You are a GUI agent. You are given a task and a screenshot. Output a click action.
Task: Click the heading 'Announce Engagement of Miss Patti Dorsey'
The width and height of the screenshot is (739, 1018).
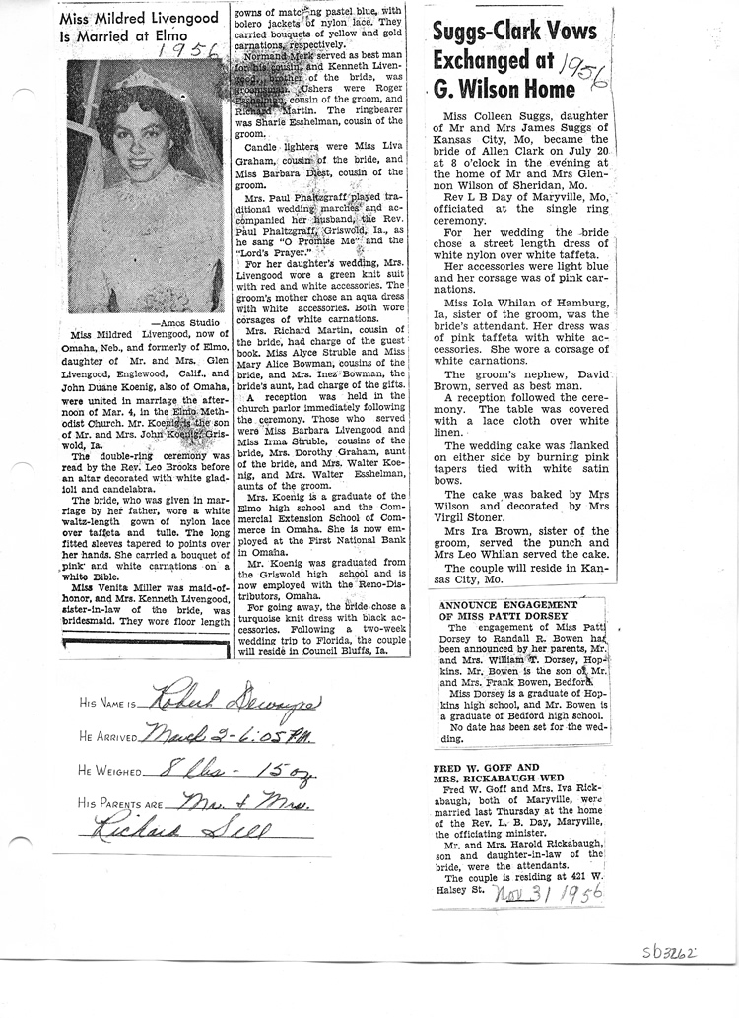pyautogui.click(x=508, y=610)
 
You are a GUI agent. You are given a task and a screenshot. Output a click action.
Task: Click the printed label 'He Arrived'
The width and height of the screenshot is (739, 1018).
pyautogui.click(x=110, y=736)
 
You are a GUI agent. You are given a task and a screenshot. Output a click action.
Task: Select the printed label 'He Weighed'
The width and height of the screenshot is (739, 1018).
pyautogui.click(x=112, y=771)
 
